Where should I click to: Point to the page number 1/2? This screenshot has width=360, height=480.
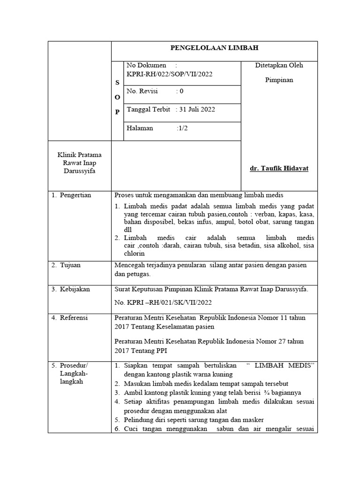click(183, 128)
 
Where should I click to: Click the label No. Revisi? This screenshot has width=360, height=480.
click(143, 91)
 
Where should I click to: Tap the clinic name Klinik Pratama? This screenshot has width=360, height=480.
click(79, 155)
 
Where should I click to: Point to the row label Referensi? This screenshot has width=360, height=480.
click(74, 317)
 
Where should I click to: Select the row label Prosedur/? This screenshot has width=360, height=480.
click(74, 365)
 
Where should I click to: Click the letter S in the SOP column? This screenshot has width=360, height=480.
click(117, 82)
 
